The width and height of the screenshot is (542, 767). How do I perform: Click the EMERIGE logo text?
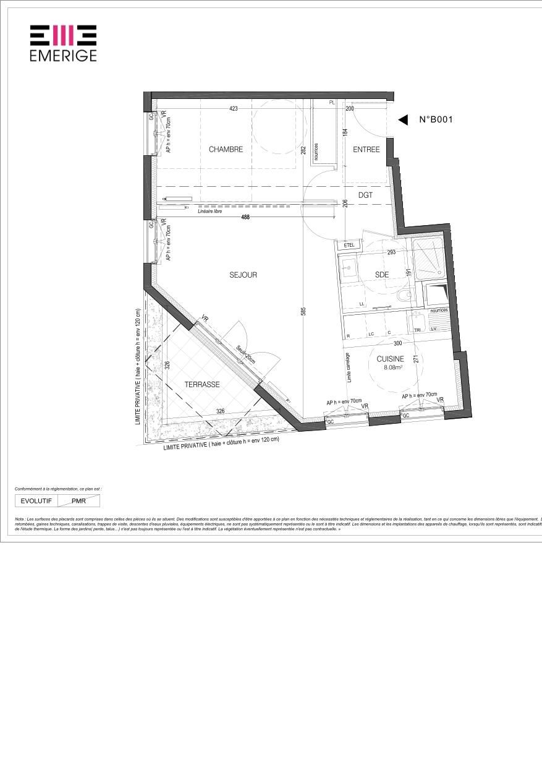[63, 55]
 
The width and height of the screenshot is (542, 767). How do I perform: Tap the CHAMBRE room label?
[226, 149]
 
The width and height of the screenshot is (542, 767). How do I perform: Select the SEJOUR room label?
[243, 275]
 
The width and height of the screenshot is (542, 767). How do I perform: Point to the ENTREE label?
[366, 149]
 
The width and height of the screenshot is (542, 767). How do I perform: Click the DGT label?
[366, 195]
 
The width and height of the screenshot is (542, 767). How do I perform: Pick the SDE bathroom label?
[381, 275]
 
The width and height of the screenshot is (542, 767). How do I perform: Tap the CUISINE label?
[391, 359]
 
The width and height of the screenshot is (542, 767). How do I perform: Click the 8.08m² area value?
[393, 367]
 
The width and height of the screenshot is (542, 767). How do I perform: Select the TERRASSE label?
[202, 384]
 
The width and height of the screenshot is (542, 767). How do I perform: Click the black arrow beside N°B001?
[403, 120]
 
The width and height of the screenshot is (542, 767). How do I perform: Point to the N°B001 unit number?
[436, 120]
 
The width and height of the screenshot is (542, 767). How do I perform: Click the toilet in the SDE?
[404, 296]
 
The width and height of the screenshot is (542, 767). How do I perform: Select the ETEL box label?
[349, 245]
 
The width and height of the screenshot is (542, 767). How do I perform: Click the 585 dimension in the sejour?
[303, 312]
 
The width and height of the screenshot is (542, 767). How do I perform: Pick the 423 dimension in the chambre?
[233, 109]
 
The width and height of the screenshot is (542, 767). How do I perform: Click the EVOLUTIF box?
[36, 501]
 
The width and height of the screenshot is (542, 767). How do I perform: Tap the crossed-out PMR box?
[79, 501]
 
